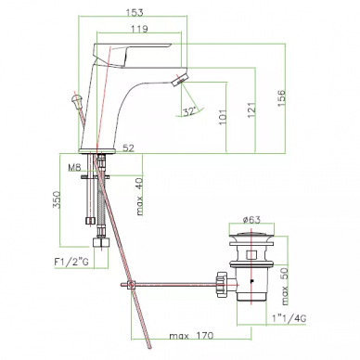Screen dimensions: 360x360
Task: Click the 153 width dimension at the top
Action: click(x=135, y=13)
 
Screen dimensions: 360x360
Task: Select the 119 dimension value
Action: click(x=139, y=29)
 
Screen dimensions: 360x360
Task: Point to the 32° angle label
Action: click(x=189, y=111)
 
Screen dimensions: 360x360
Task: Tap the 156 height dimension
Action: click(x=281, y=98)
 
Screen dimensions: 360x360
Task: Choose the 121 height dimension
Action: click(x=251, y=110)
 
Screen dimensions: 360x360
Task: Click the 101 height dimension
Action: click(x=223, y=116)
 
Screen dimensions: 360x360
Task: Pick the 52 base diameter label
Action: click(x=129, y=148)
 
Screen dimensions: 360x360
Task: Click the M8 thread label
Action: click(x=74, y=168)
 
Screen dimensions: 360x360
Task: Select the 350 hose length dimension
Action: click(x=57, y=200)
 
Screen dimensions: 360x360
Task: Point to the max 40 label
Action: click(x=140, y=197)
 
